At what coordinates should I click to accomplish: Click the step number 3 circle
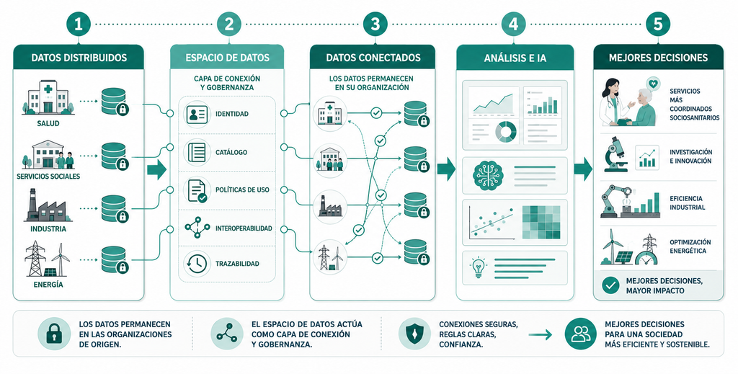375,24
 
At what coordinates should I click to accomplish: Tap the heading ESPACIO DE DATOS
227,58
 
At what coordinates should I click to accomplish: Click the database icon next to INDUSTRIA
115,208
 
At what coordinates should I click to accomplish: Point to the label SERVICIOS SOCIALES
48,177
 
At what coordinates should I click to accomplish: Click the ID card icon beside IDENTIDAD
197,114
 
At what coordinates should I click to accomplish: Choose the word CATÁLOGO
231,153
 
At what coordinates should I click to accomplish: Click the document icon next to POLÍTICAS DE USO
197,190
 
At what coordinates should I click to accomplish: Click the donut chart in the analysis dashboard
506,131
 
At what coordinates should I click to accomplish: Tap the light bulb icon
479,267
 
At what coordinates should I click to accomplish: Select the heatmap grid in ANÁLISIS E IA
541,223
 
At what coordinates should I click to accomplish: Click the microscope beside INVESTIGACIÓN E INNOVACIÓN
615,153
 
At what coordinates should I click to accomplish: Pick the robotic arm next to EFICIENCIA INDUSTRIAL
618,201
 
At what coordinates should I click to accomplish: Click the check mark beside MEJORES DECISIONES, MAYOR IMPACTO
610,285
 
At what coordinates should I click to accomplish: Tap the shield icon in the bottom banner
414,334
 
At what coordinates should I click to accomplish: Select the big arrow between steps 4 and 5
582,169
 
